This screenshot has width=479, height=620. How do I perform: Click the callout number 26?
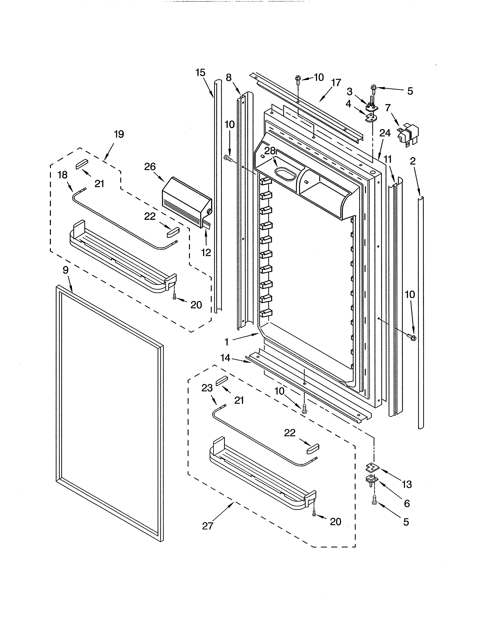pos(150,167)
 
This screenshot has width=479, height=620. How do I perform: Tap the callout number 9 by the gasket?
pos(66,270)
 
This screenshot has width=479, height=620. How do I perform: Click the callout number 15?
pos(200,73)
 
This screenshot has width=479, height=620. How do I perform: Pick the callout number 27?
pos(207,526)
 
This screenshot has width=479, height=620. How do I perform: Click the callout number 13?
pos(407,484)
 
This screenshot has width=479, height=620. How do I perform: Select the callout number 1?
pos(227,342)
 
